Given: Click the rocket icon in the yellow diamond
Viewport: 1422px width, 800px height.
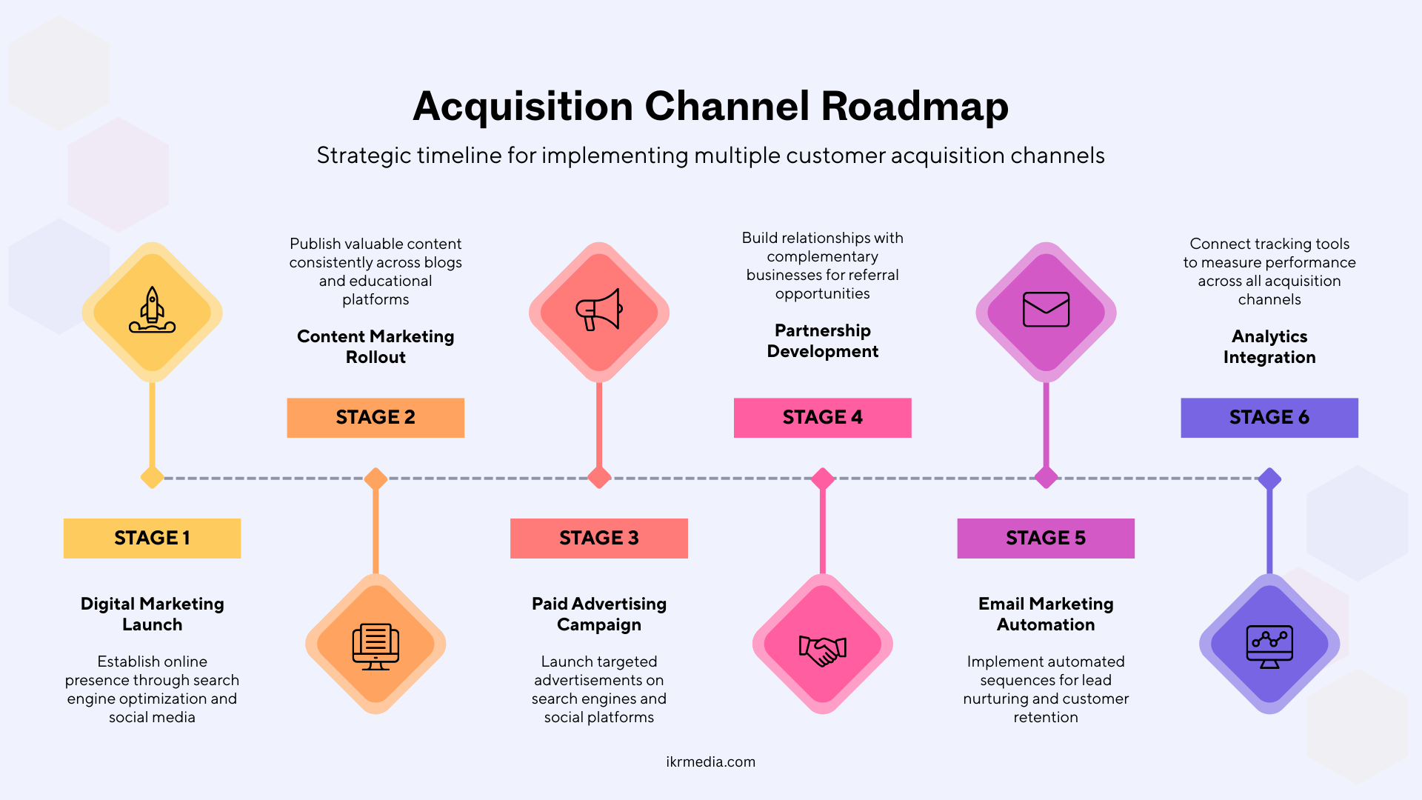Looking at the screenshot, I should pyautogui.click(x=152, y=311).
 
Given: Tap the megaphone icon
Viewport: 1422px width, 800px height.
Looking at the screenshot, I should pyautogui.click(x=598, y=310).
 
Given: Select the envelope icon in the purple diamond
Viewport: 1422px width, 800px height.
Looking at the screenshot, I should pyautogui.click(x=1046, y=310).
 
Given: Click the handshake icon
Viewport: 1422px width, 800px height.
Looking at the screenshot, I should pyautogui.click(x=822, y=650).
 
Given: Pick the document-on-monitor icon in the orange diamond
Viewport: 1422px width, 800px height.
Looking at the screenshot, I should pyautogui.click(x=375, y=646).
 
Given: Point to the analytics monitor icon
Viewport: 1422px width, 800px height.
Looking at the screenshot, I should pyautogui.click(x=1269, y=646).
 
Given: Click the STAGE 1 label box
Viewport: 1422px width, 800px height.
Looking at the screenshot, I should pyautogui.click(x=152, y=538).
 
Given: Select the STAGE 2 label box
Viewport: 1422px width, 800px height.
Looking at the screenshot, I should pyautogui.click(x=375, y=418).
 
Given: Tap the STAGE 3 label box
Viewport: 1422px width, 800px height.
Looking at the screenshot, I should pyautogui.click(x=598, y=538).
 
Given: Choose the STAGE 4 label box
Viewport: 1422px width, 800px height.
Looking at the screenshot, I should pyautogui.click(x=822, y=418).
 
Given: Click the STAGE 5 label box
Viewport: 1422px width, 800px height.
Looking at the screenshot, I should pyautogui.click(x=1046, y=538).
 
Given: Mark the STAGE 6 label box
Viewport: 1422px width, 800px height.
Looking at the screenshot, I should pyautogui.click(x=1269, y=418).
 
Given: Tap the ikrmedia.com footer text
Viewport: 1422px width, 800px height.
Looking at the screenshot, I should pyautogui.click(x=710, y=761).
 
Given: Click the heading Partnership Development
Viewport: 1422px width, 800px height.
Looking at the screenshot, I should pyautogui.click(x=822, y=341).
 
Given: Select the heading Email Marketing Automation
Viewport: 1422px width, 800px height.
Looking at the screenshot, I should pyautogui.click(x=1046, y=614).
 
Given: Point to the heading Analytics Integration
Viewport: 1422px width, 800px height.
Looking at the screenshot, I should pyautogui.click(x=1269, y=347).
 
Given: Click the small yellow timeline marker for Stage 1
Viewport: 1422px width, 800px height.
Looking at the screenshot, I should pyautogui.click(x=152, y=478).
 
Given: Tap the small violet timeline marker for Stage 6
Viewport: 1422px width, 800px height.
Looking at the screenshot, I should pyautogui.click(x=1269, y=478).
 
